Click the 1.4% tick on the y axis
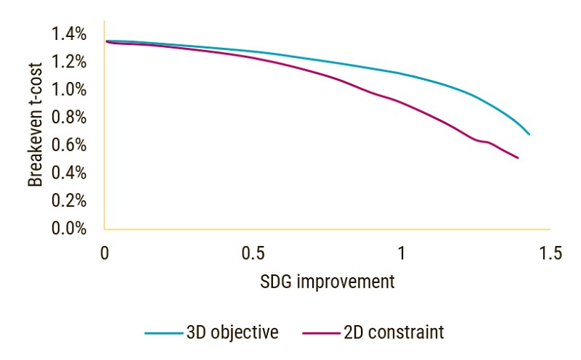pyautogui.click(x=69, y=34)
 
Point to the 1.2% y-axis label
pyautogui.click(x=69, y=62)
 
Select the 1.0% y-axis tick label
pyautogui.click(x=69, y=90)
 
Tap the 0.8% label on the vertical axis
pyautogui.click(x=69, y=118)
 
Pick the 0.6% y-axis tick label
pyautogui.click(x=69, y=145)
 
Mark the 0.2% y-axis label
pyautogui.click(x=69, y=201)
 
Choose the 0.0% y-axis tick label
pyautogui.click(x=69, y=229)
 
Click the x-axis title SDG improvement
pyautogui.click(x=327, y=282)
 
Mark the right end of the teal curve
pyautogui.click(x=529, y=135)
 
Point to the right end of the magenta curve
pyautogui.click(x=518, y=158)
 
